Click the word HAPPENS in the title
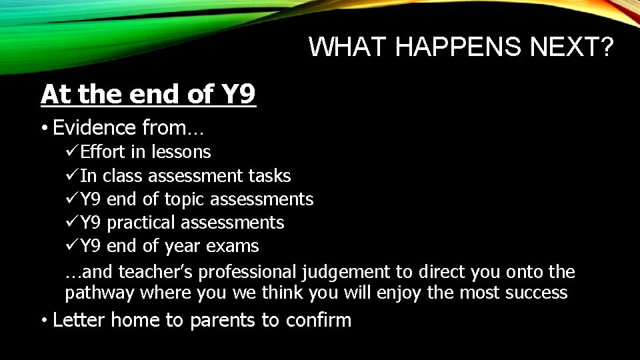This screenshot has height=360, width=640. point(464,47)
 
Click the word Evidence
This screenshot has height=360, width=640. point(95,127)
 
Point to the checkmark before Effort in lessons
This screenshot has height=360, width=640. point(72,152)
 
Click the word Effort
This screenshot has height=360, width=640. point(103,152)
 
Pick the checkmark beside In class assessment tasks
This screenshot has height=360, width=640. point(72,176)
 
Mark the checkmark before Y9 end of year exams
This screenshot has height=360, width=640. point(72,246)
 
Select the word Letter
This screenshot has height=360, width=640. point(79,321)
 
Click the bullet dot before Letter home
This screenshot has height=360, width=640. point(43,321)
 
